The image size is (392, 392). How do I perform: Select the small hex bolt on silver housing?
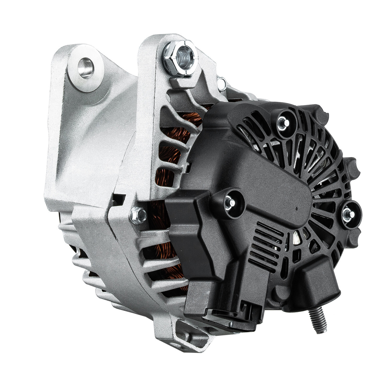coord(138,215)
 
